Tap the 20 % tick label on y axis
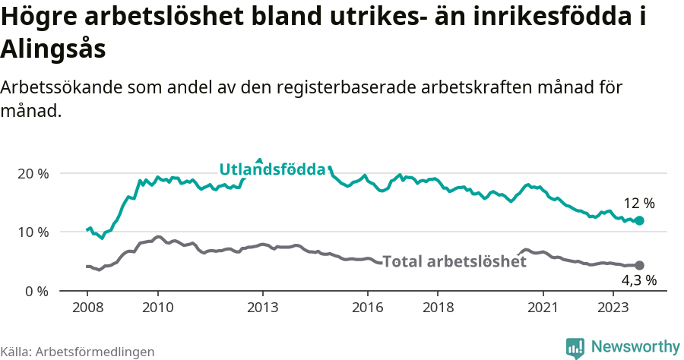click(33, 173)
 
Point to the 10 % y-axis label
click(33, 232)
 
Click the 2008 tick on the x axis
click(87, 308)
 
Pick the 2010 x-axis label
click(157, 308)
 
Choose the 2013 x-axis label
click(262, 308)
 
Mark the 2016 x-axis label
click(368, 308)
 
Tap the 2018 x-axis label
click(438, 308)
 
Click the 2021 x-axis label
click(543, 308)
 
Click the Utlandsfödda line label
click(272, 169)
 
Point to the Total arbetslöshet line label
click(454, 261)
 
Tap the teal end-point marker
click(639, 220)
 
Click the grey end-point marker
click(639, 265)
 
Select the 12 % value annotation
click(639, 204)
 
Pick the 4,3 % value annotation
click(639, 281)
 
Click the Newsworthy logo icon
click(575, 347)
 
